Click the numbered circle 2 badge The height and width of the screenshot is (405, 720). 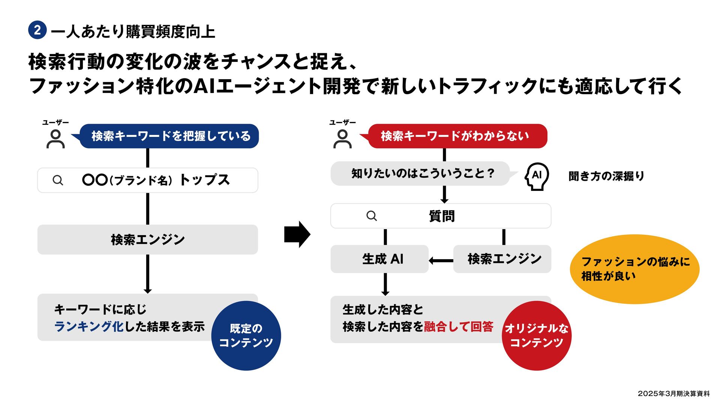pyautogui.click(x=37, y=30)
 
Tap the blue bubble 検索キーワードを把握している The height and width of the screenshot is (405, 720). pyautogui.click(x=169, y=136)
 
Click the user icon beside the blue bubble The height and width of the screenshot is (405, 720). pyautogui.click(x=55, y=139)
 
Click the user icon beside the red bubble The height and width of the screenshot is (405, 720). pyautogui.click(x=342, y=139)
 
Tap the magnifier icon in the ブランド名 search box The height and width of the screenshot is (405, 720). pyautogui.click(x=58, y=180)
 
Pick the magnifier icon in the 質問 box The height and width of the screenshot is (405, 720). pyautogui.click(x=371, y=216)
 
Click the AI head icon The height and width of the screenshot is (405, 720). pyautogui.click(x=536, y=176)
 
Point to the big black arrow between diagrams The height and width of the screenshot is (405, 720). pyautogui.click(x=297, y=234)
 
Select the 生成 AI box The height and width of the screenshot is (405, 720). pyautogui.click(x=379, y=259)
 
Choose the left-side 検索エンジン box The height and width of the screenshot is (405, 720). pyautogui.click(x=148, y=240)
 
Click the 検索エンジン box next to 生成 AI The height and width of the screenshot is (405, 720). pyautogui.click(x=502, y=259)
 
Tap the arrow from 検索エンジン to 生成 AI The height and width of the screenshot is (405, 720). pyautogui.click(x=441, y=260)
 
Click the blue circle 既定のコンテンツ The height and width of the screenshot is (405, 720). pyautogui.click(x=246, y=336)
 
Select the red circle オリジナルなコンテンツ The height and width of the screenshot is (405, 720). pyautogui.click(x=536, y=336)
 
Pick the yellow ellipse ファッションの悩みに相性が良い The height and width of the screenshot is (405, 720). pyautogui.click(x=634, y=269)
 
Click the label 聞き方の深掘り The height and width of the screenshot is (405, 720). pyautogui.click(x=606, y=176)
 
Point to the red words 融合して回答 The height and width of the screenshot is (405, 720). pyautogui.click(x=459, y=327)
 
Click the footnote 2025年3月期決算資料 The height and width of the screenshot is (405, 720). pyautogui.click(x=673, y=393)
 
